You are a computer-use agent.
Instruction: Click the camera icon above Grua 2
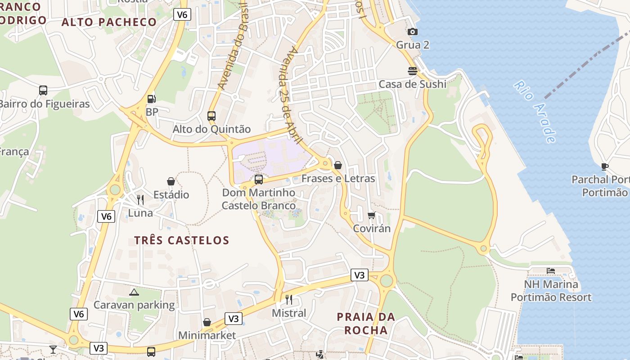click(x=412, y=31)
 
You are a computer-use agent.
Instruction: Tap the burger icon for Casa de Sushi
click(x=412, y=71)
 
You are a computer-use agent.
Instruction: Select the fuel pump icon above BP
click(x=152, y=99)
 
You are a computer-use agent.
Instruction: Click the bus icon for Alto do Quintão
click(x=211, y=116)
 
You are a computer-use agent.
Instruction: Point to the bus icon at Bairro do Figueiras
click(x=43, y=90)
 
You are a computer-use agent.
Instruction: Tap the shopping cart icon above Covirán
click(x=371, y=215)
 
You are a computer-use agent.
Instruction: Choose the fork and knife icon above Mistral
click(x=289, y=299)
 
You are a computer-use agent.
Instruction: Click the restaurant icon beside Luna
click(x=140, y=199)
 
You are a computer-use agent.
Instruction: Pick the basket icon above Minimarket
click(x=207, y=322)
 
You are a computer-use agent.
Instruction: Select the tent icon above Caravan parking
click(x=134, y=292)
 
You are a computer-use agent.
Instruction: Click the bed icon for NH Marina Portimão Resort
click(x=551, y=271)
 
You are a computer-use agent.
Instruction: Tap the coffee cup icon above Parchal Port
click(x=605, y=166)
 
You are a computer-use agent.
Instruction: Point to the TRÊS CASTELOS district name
click(x=182, y=240)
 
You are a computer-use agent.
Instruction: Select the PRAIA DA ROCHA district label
click(x=366, y=324)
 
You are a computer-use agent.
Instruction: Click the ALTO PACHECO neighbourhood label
click(x=109, y=22)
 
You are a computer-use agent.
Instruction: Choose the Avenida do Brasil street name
click(x=233, y=45)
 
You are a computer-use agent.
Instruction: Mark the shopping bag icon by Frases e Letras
click(x=338, y=165)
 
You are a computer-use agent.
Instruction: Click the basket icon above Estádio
click(x=171, y=181)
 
